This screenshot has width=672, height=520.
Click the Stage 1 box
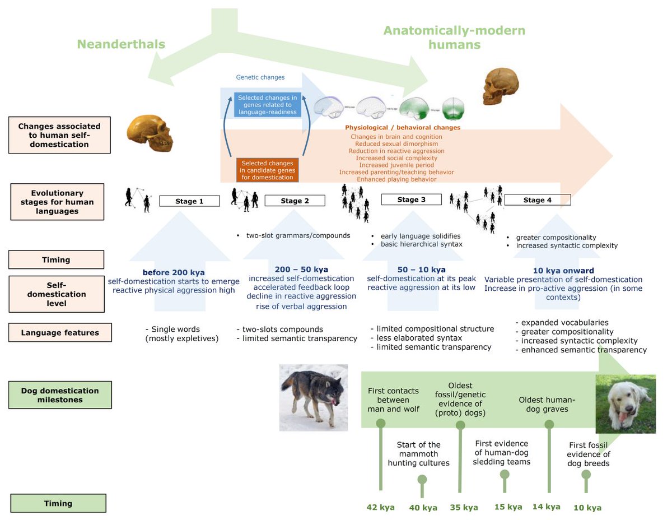(189, 201)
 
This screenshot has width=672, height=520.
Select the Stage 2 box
(295, 201)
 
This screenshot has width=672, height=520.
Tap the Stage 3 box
(411, 199)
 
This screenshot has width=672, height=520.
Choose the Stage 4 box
(537, 200)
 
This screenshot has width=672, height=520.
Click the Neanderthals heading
(121, 44)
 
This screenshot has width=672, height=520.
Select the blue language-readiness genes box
(268, 105)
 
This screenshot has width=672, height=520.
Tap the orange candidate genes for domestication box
(267, 170)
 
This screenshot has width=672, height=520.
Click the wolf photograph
(314, 397)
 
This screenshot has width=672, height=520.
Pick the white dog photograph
(625, 404)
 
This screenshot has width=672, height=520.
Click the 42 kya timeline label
(380, 507)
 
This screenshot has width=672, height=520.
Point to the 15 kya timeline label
(507, 507)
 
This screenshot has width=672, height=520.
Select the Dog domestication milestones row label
(60, 395)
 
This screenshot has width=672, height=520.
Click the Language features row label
(60, 333)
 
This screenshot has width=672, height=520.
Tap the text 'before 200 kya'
(173, 272)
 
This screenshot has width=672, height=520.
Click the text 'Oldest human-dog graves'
(547, 405)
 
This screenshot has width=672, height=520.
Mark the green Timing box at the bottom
(58, 503)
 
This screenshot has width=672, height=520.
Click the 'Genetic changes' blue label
(260, 77)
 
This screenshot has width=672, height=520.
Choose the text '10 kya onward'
(563, 271)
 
